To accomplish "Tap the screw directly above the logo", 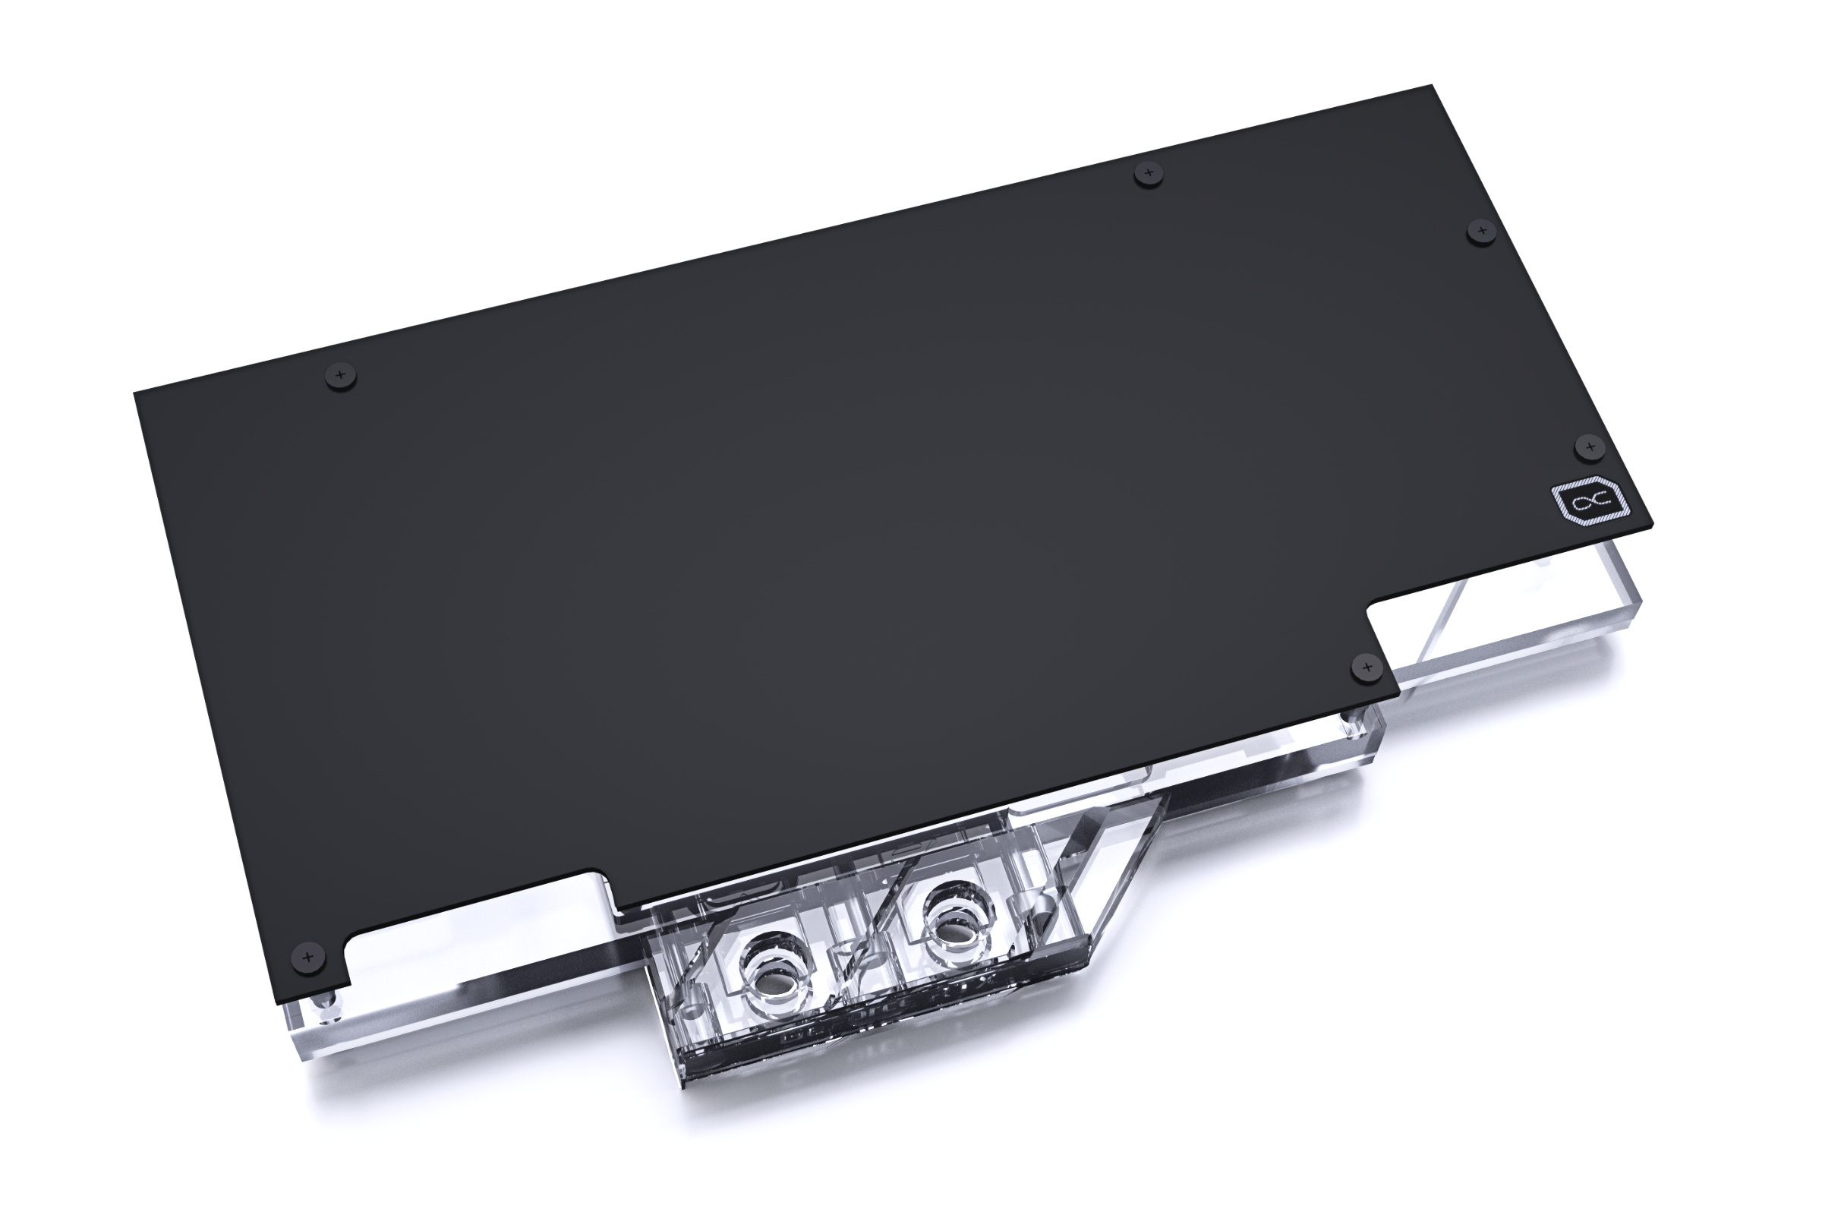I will pyautogui.click(x=1590, y=447).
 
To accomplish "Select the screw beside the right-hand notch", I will pyautogui.click(x=1366, y=667).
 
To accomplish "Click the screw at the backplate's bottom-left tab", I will pyautogui.click(x=307, y=957).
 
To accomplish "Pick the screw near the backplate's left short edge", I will pyautogui.click(x=340, y=376).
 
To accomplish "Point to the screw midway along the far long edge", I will pyautogui.click(x=1148, y=173).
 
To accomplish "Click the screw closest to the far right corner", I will pyautogui.click(x=1481, y=231).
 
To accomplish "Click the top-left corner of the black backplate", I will pyautogui.click(x=137, y=393).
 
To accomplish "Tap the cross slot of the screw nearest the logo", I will pyautogui.click(x=1590, y=447).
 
